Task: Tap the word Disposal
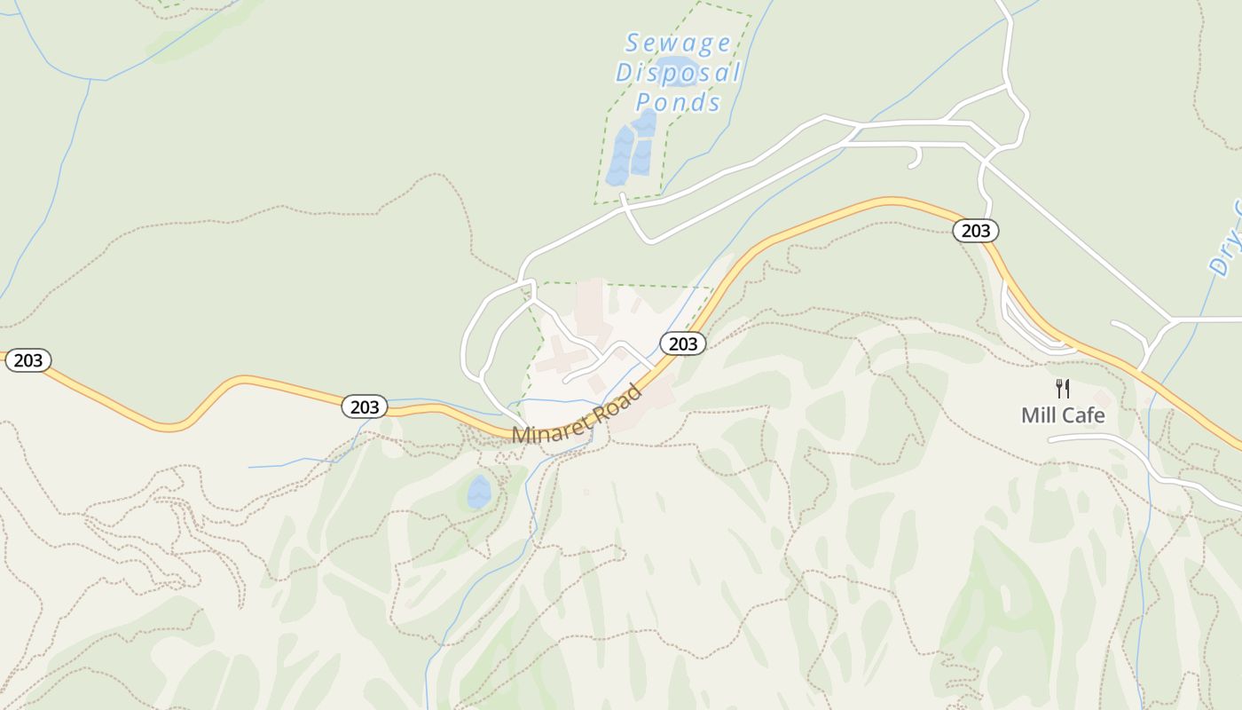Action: click(x=679, y=73)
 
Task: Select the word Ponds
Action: click(x=679, y=102)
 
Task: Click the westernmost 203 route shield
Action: click(x=28, y=360)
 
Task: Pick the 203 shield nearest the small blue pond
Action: click(x=365, y=407)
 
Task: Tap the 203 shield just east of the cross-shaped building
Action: click(x=683, y=343)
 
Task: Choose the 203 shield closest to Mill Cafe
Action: click(x=976, y=231)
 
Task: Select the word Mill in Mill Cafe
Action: click(x=1039, y=414)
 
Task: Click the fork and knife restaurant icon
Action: click(x=1063, y=389)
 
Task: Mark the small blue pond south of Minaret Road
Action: click(x=479, y=492)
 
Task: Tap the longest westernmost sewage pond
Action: click(x=619, y=156)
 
